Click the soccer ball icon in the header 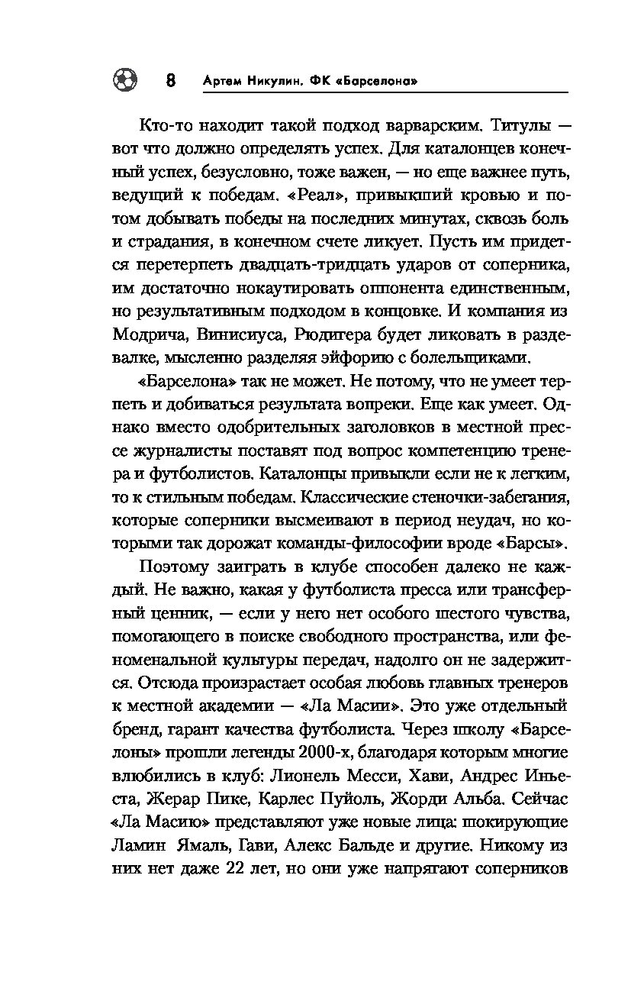click(124, 79)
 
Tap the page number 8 click(172, 80)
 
